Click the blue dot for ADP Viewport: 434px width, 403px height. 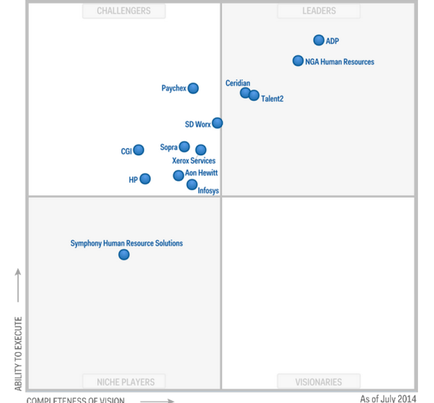tap(319, 40)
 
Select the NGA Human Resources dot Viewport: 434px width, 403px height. tap(298, 60)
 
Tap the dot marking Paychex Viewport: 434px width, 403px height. tap(193, 88)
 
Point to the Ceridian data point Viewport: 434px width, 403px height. tap(245, 93)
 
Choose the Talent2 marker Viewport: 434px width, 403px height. tap(254, 96)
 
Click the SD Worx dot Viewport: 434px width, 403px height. tap(217, 123)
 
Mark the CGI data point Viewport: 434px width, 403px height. tap(138, 150)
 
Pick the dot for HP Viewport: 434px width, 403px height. tap(145, 179)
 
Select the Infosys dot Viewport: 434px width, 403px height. tap(192, 184)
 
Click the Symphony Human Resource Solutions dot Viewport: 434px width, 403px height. tap(124, 255)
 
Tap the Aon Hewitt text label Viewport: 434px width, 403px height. tap(201, 173)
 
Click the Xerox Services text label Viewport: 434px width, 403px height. tap(193, 161)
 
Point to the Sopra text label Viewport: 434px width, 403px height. tap(168, 147)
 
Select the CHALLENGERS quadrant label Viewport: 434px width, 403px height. tap(124, 11)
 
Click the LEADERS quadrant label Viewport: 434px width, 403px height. tap(319, 11)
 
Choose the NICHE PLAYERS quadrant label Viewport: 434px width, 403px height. tap(126, 382)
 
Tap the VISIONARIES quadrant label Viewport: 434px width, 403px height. tap(319, 382)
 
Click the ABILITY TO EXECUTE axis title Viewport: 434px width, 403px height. tap(18, 353)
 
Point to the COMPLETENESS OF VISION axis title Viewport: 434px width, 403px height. tap(75, 399)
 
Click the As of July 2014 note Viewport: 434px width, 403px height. tap(388, 398)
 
